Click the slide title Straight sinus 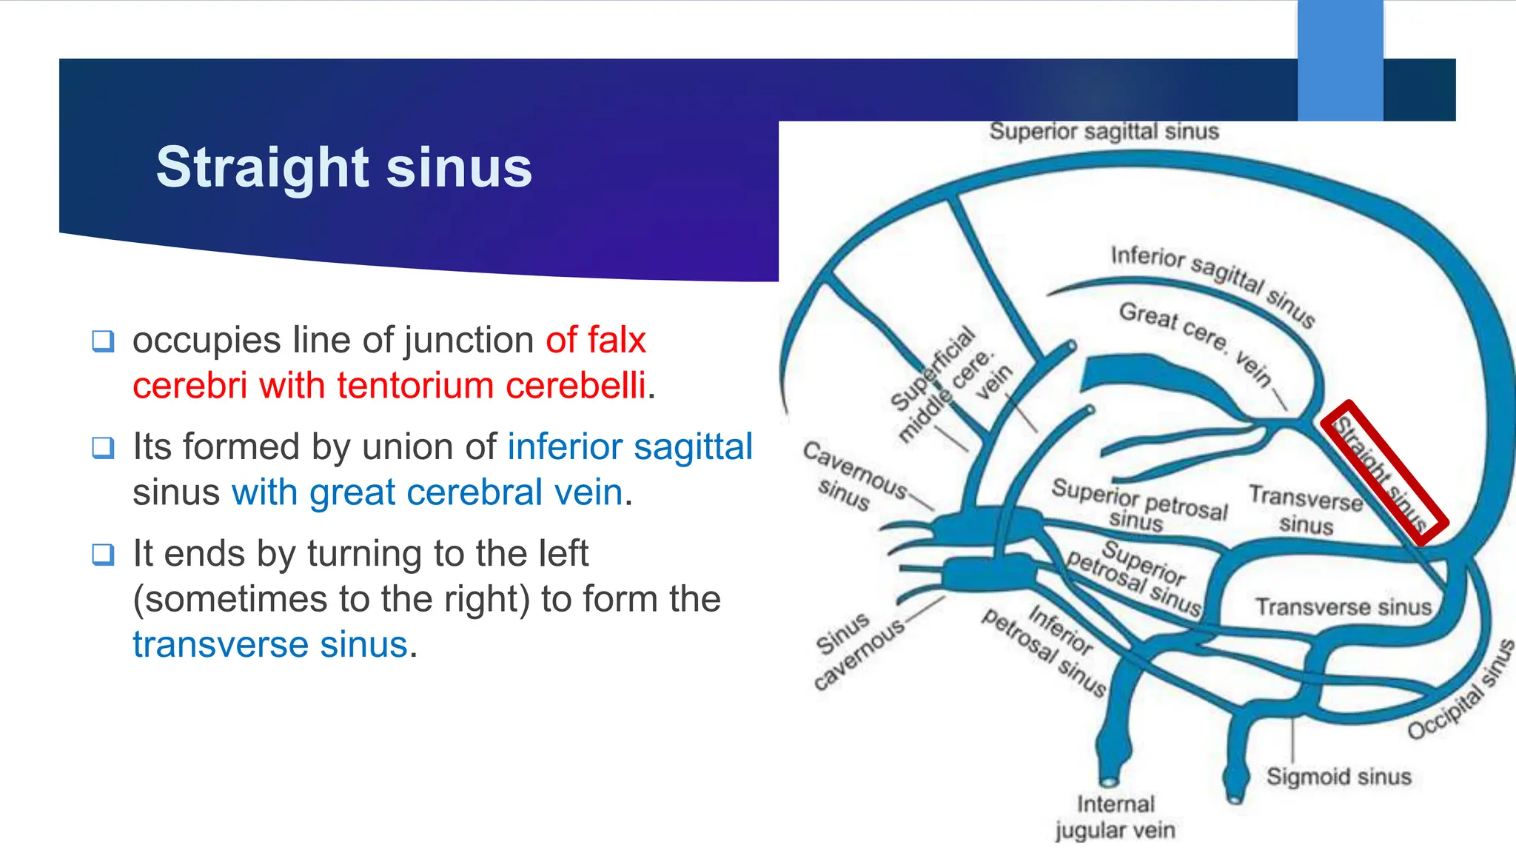click(x=343, y=167)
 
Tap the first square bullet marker click(x=103, y=341)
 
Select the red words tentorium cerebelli click(x=491, y=386)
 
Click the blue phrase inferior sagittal click(x=630, y=446)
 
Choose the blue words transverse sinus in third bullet click(x=270, y=644)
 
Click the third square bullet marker click(x=103, y=555)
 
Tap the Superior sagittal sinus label click(x=1104, y=132)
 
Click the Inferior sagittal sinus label click(x=1213, y=285)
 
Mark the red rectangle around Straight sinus click(x=1383, y=472)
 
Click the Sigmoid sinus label click(x=1338, y=776)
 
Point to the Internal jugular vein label click(x=1115, y=817)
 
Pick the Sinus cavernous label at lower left click(x=857, y=650)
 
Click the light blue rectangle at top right click(x=1340, y=59)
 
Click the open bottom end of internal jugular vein click(x=1109, y=781)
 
